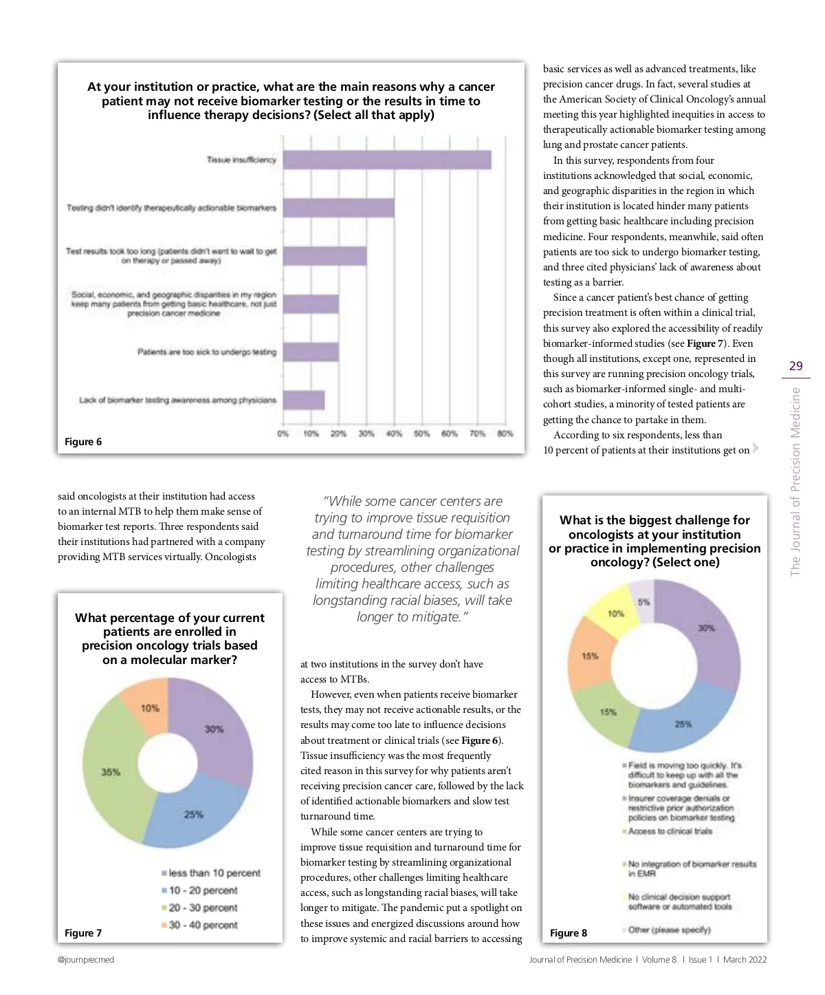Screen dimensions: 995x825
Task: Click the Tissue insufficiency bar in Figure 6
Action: coord(387,160)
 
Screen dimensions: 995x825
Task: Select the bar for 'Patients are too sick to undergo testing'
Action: coord(311,352)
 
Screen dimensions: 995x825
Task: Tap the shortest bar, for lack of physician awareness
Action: coord(304,400)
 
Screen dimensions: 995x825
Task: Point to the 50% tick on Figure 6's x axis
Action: coord(421,434)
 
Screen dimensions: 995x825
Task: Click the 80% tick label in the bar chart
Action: coord(505,434)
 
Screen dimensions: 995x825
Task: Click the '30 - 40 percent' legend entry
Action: coord(203,926)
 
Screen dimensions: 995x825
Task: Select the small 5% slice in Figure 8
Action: coord(643,601)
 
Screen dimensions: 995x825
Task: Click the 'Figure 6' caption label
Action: coord(83,442)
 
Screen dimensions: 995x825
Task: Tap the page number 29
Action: coord(796,366)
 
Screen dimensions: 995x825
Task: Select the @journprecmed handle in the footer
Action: coord(86,959)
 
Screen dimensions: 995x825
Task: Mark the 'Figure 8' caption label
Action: coord(569,933)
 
